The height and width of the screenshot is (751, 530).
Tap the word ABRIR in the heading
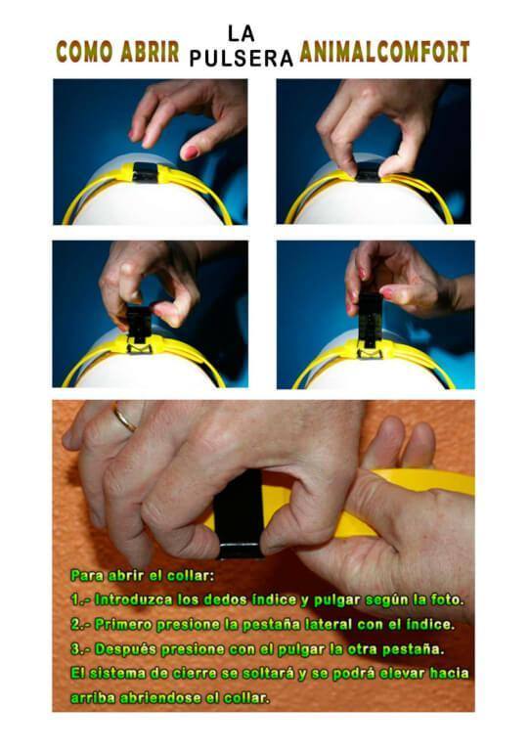pyautogui.click(x=150, y=51)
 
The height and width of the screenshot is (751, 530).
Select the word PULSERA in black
pyautogui.click(x=242, y=59)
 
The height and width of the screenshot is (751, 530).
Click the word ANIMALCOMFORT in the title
pyautogui.click(x=384, y=52)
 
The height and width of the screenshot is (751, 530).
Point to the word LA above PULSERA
pyautogui.click(x=242, y=34)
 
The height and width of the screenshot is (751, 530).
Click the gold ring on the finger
pyautogui.click(x=124, y=418)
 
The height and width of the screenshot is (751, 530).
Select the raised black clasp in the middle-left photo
pyautogui.click(x=138, y=324)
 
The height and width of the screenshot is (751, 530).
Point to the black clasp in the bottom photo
pyautogui.click(x=239, y=514)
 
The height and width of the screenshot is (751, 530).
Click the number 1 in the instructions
pyautogui.click(x=75, y=599)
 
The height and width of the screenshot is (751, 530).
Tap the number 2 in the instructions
pyautogui.click(x=76, y=625)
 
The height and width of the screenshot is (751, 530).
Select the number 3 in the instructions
pyautogui.click(x=76, y=649)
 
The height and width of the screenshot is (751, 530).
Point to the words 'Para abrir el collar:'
pyautogui.click(x=142, y=575)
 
